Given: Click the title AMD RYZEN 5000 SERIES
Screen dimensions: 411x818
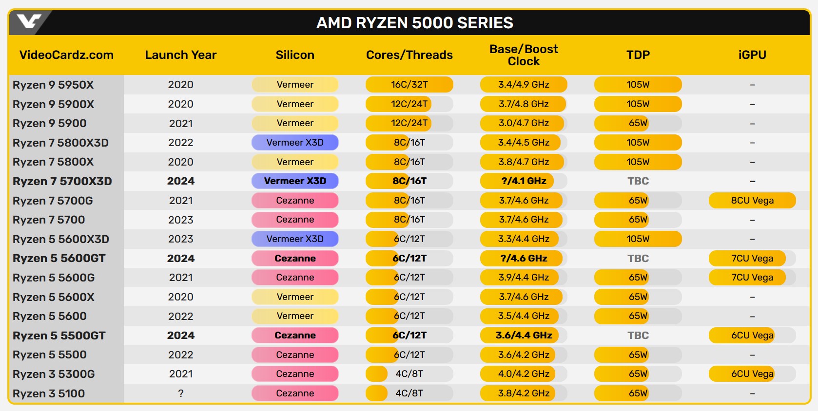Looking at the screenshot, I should pos(414,23).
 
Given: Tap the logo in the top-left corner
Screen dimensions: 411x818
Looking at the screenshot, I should pos(29,21).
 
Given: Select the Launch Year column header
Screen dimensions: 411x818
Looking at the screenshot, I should pos(180,55).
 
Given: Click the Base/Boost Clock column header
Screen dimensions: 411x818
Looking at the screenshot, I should pos(524,55).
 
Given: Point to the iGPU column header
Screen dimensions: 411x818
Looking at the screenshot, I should pos(752,55).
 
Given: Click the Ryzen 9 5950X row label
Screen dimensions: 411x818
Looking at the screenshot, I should pos(53,85).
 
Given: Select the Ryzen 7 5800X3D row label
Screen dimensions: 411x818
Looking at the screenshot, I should pos(60,143).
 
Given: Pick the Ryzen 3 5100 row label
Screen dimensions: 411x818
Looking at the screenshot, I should pos(49,393).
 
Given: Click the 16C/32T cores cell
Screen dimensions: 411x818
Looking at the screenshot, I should pos(409,85).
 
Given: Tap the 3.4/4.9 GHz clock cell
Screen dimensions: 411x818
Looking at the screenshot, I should pos(524,85).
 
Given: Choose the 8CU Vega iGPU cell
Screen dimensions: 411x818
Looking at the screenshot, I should pos(752,201).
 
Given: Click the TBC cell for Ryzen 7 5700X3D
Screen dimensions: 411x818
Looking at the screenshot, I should pos(638,181).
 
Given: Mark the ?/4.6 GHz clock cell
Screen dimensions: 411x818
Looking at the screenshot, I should pos(524,259).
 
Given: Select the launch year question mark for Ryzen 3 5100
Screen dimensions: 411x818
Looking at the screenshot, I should pos(181,393).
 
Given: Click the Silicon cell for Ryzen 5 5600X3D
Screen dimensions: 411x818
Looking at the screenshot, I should pos(295,239).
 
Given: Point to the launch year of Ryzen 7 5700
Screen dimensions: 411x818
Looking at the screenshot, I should pos(181,220).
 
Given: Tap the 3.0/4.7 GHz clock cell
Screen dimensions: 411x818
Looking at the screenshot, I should pos(524,123).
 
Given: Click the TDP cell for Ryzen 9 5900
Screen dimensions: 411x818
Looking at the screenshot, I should pos(638,123).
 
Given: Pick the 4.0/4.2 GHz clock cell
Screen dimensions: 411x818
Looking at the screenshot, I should pos(524,374).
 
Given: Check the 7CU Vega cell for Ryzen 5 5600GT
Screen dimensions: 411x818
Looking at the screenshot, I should pos(752,259).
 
